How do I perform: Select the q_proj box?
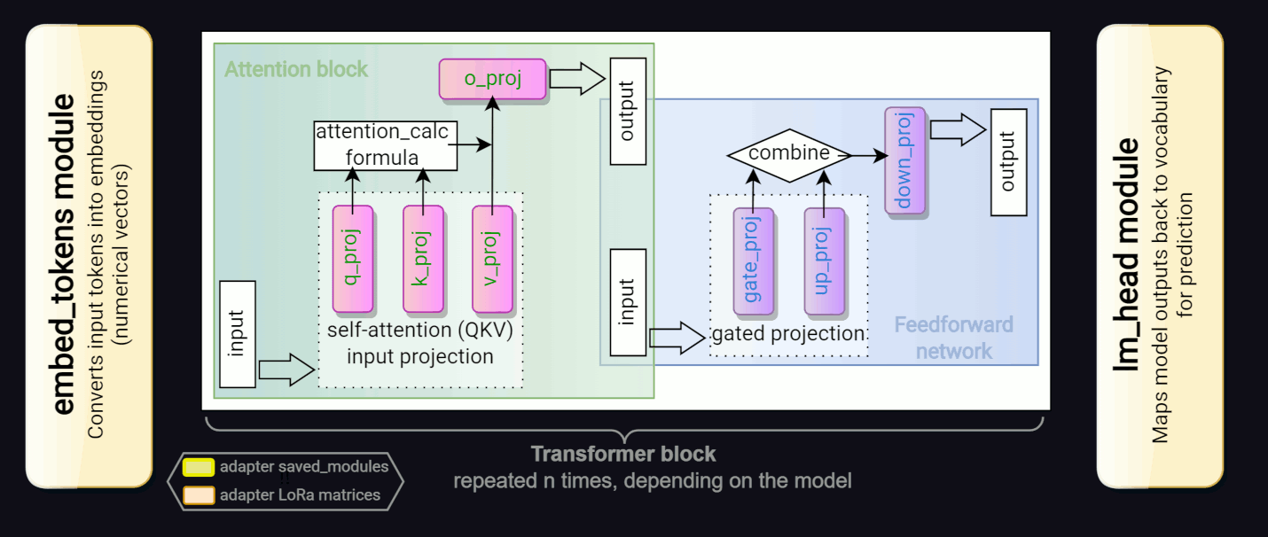(x=351, y=259)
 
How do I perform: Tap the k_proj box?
(x=422, y=259)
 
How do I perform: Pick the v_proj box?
(x=493, y=259)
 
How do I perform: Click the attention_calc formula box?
(x=385, y=145)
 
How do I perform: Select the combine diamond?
(x=789, y=154)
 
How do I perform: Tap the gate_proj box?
(x=753, y=261)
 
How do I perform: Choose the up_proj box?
(x=824, y=261)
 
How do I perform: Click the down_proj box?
(x=904, y=160)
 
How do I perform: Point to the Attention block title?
(x=295, y=69)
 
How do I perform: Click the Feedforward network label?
(x=953, y=338)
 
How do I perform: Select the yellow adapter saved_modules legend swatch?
(x=198, y=466)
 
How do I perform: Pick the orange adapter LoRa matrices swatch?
(x=198, y=494)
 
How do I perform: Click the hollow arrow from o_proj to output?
(x=575, y=79)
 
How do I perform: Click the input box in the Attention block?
(x=236, y=333)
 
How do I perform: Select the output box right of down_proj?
(x=1008, y=161)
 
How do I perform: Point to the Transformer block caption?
(x=623, y=455)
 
